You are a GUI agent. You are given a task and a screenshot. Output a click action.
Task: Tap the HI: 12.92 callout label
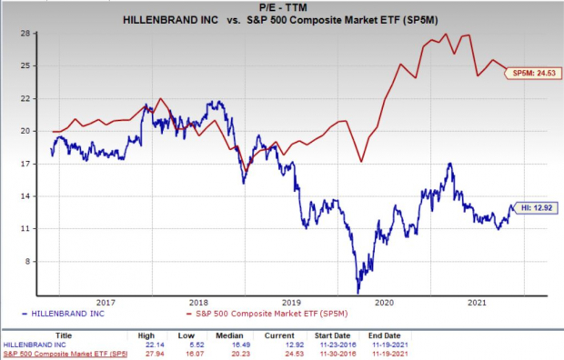[536, 208]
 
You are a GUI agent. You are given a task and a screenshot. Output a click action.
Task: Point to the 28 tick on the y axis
[26, 34]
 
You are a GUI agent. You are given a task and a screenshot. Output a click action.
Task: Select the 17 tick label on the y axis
[26, 164]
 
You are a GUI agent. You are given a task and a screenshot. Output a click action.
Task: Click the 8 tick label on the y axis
[28, 262]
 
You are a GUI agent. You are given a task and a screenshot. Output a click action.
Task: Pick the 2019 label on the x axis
[292, 303]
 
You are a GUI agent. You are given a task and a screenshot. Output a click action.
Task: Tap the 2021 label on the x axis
[477, 303]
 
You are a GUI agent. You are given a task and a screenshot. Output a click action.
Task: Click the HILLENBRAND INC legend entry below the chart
[64, 314]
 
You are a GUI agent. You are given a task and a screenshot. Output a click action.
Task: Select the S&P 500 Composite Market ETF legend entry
[267, 314]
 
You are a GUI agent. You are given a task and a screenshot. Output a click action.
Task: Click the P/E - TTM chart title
[283, 7]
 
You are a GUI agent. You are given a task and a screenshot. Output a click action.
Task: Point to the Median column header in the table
[229, 335]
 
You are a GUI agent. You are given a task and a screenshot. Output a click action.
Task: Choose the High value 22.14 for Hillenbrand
[156, 345]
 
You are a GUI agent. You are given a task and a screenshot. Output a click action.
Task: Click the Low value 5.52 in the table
[196, 345]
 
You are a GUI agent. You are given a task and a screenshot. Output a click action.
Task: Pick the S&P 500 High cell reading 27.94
[156, 354]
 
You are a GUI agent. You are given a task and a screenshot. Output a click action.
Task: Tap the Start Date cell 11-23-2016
[332, 345]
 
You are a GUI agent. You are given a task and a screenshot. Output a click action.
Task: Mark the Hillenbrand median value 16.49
[241, 345]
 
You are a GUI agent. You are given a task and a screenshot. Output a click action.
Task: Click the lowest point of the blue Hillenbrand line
[358, 293]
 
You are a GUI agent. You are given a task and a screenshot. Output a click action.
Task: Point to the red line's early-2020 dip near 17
[361, 162]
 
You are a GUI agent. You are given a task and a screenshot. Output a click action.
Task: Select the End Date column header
[385, 335]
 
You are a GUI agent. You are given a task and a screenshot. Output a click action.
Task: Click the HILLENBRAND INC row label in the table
[35, 345]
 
